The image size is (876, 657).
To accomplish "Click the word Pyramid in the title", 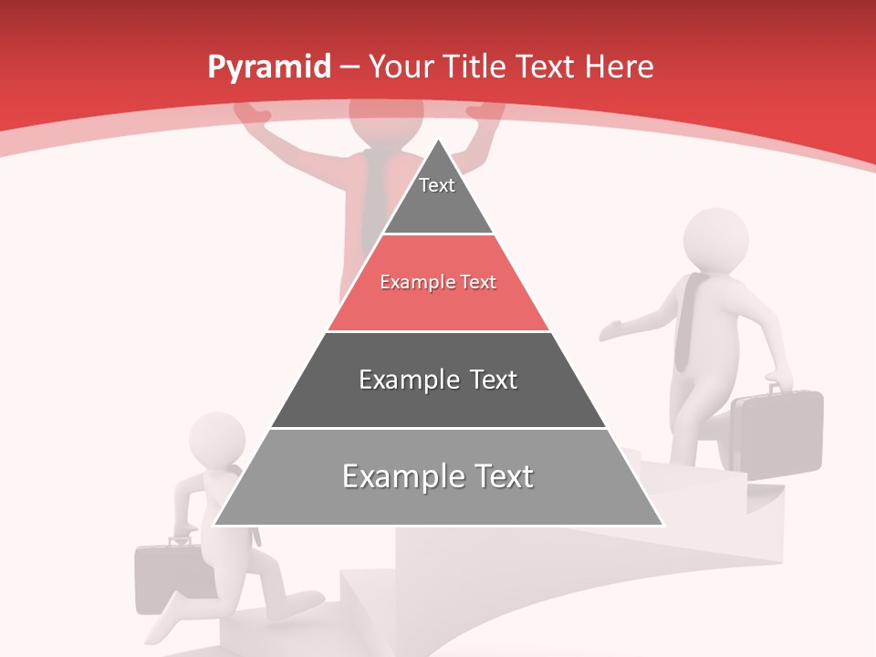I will (x=268, y=68).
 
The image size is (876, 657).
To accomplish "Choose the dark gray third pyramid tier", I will (x=438, y=380).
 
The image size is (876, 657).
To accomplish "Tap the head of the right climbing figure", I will (x=715, y=240).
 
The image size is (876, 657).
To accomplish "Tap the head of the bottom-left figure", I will (x=216, y=442).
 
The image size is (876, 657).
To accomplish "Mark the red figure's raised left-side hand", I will (x=252, y=112).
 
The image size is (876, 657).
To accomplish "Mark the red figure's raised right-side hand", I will (x=485, y=110).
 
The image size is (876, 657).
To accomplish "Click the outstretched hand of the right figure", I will (x=611, y=330).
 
